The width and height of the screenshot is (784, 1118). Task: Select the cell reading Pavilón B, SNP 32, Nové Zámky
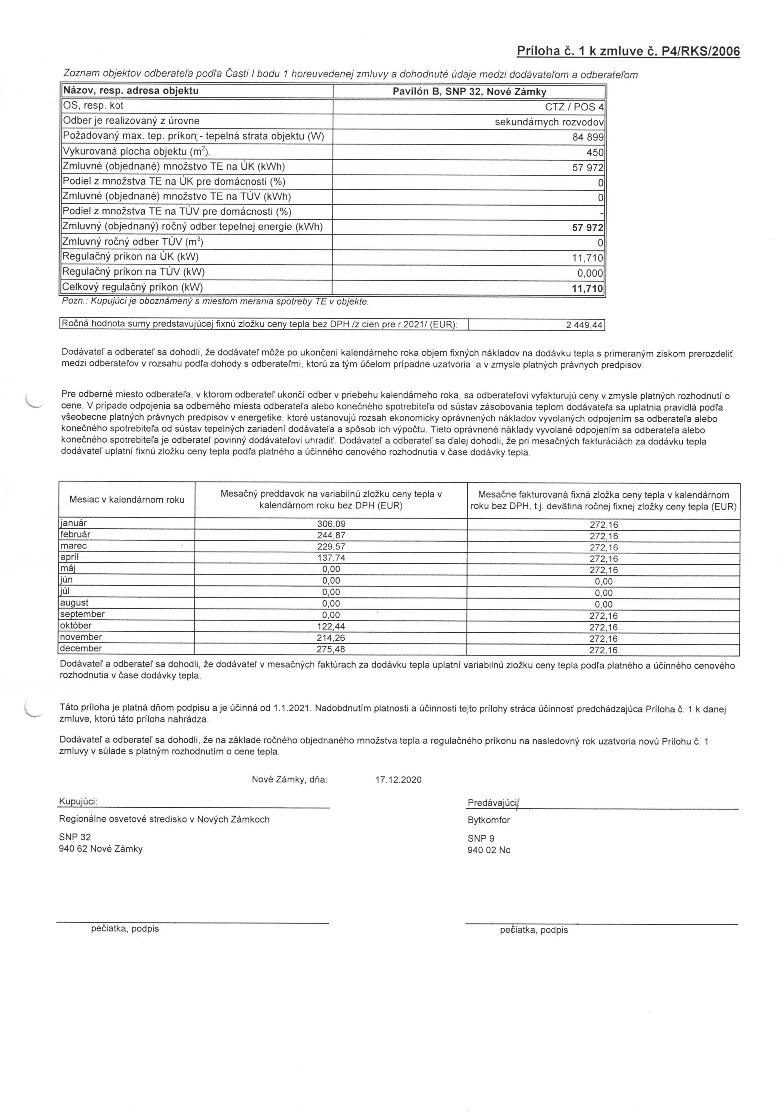pyautogui.click(x=469, y=91)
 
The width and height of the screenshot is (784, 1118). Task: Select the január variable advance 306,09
pyautogui.click(x=331, y=524)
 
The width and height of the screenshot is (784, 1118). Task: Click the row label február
pyautogui.click(x=75, y=534)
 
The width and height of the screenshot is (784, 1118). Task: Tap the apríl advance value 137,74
pyautogui.click(x=331, y=558)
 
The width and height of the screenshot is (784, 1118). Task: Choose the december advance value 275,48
pyautogui.click(x=331, y=649)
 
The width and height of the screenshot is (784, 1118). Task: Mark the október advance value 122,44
pyautogui.click(x=331, y=626)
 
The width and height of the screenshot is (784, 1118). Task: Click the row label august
pyautogui.click(x=74, y=603)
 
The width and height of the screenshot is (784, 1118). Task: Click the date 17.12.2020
pyautogui.click(x=398, y=780)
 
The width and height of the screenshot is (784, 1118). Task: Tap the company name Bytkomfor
pyautogui.click(x=488, y=820)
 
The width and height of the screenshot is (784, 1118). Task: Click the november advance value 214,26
pyautogui.click(x=331, y=638)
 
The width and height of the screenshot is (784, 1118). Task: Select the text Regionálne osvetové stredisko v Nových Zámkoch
pyautogui.click(x=164, y=819)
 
